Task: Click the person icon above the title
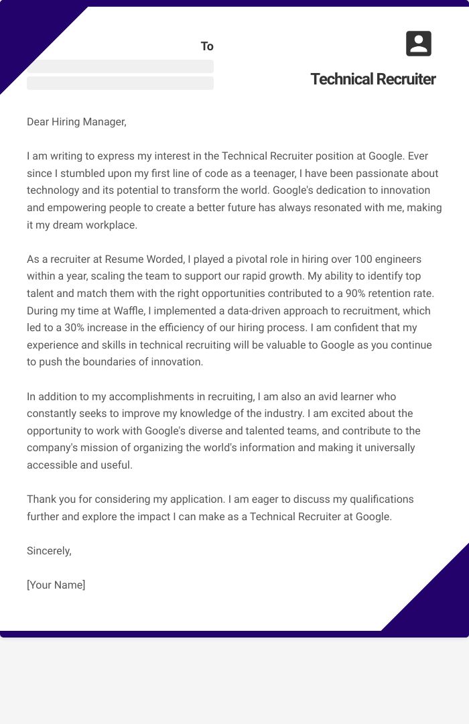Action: (419, 44)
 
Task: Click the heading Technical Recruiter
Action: (373, 79)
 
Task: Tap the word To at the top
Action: (207, 46)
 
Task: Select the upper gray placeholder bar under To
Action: (120, 66)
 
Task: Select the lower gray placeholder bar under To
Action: (120, 83)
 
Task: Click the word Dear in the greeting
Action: (39, 121)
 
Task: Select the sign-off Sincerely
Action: (49, 550)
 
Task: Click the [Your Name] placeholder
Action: (56, 585)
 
